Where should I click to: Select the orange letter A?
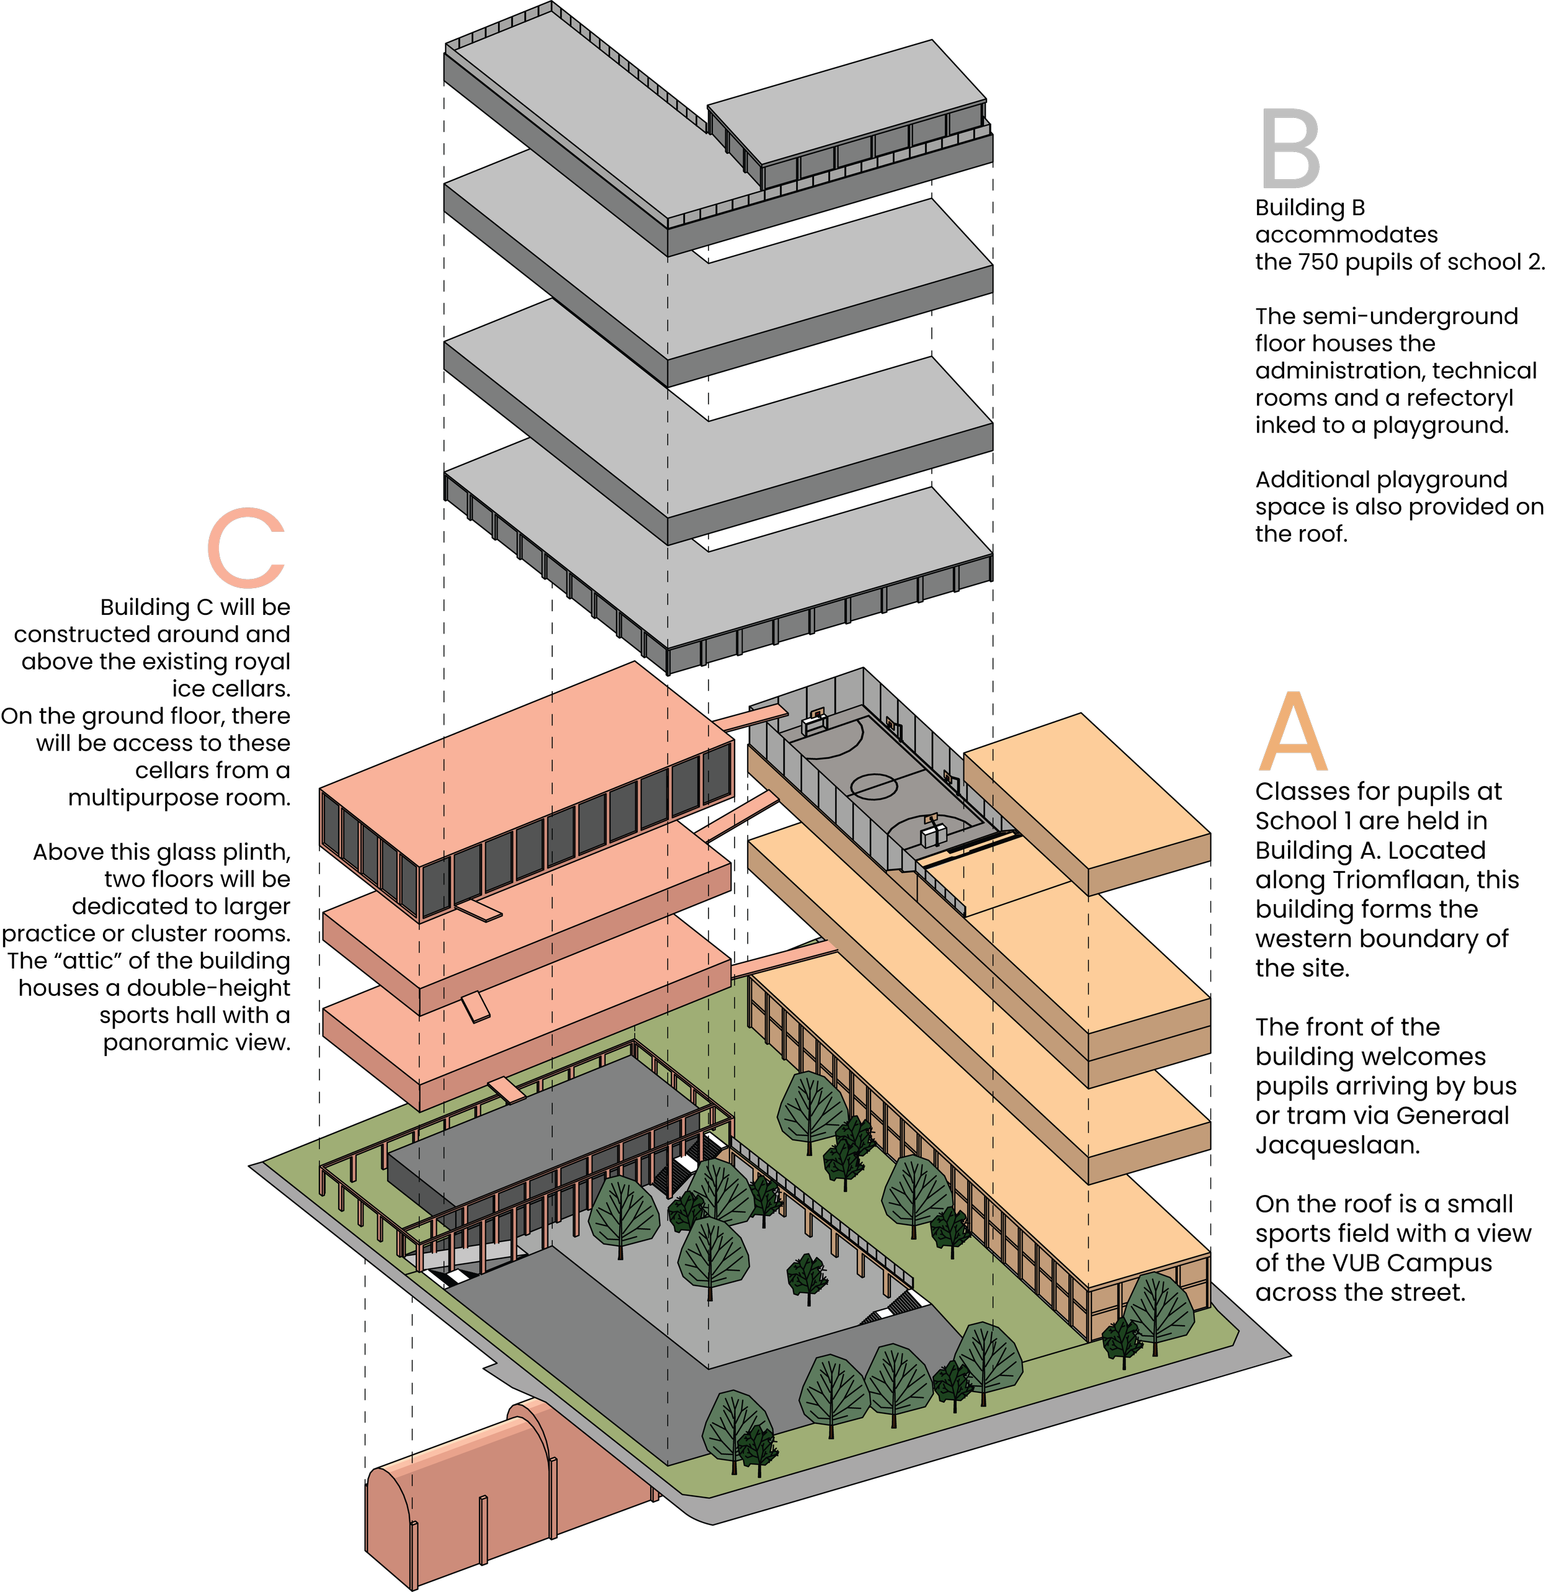(x=1294, y=733)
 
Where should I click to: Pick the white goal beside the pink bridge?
(x=815, y=721)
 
